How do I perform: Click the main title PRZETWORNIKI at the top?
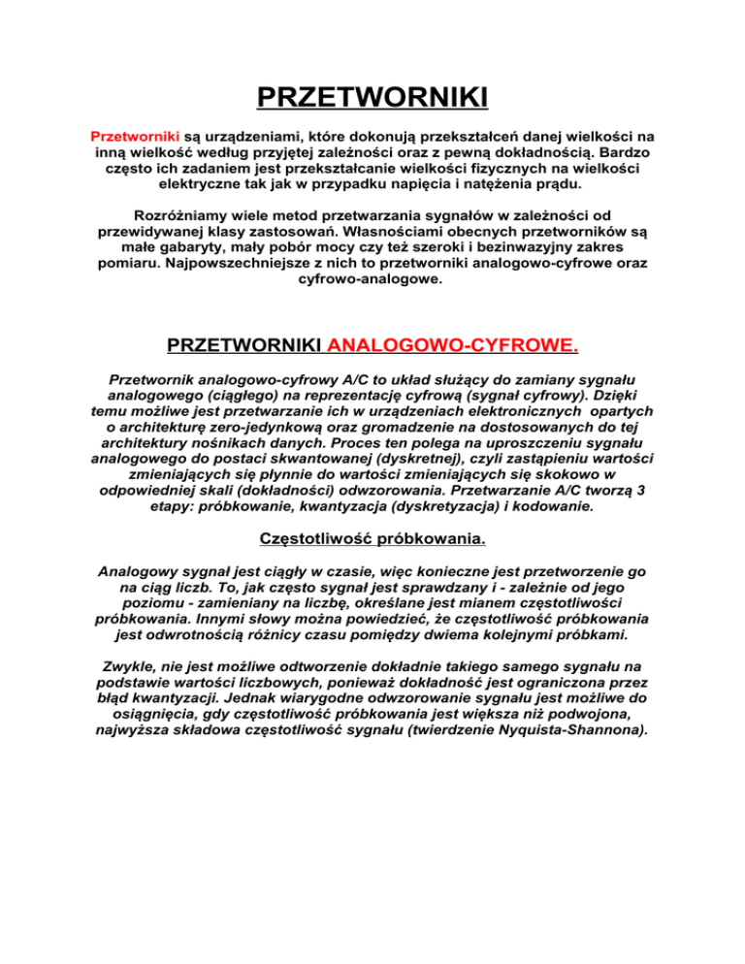[372, 98]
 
